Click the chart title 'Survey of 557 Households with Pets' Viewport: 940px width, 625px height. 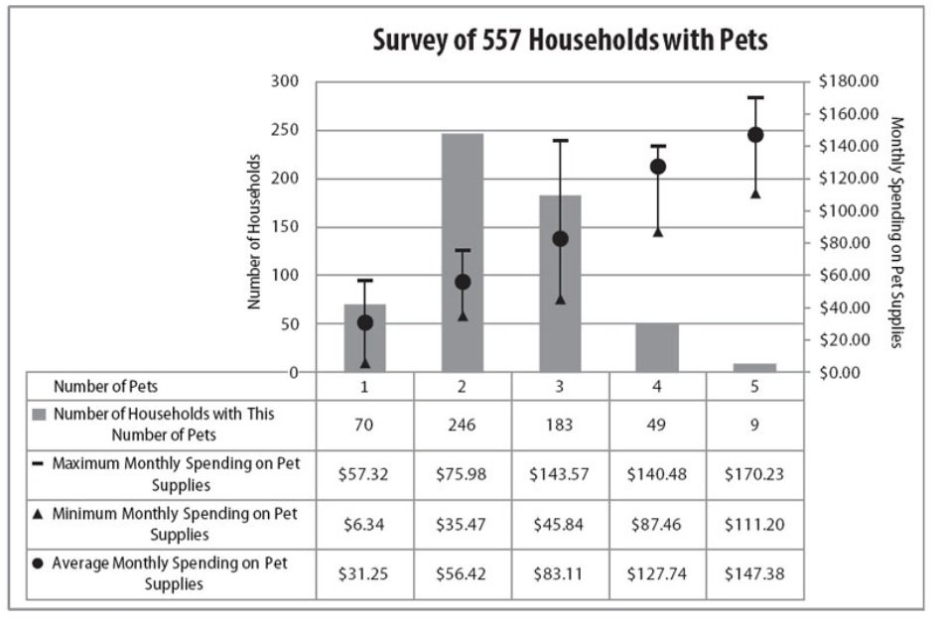[x=570, y=42]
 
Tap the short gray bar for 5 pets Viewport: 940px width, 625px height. [x=755, y=367]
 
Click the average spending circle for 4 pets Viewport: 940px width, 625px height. [x=658, y=167]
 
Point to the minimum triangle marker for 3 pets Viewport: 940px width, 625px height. [x=560, y=300]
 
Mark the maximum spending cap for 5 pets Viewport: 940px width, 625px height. [x=755, y=97]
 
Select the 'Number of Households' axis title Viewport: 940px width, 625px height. [x=255, y=230]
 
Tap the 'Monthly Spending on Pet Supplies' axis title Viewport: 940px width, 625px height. [x=896, y=232]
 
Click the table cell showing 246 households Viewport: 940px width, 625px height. [x=463, y=425]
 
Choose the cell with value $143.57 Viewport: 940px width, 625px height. [x=560, y=474]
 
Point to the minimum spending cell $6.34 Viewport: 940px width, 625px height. [x=364, y=524]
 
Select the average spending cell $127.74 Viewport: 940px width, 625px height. [x=658, y=574]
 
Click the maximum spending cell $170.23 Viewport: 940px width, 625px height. [x=755, y=474]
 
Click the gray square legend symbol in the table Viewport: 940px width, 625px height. [x=41, y=414]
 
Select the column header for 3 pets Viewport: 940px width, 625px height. [x=560, y=386]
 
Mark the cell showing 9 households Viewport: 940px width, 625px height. [x=755, y=425]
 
